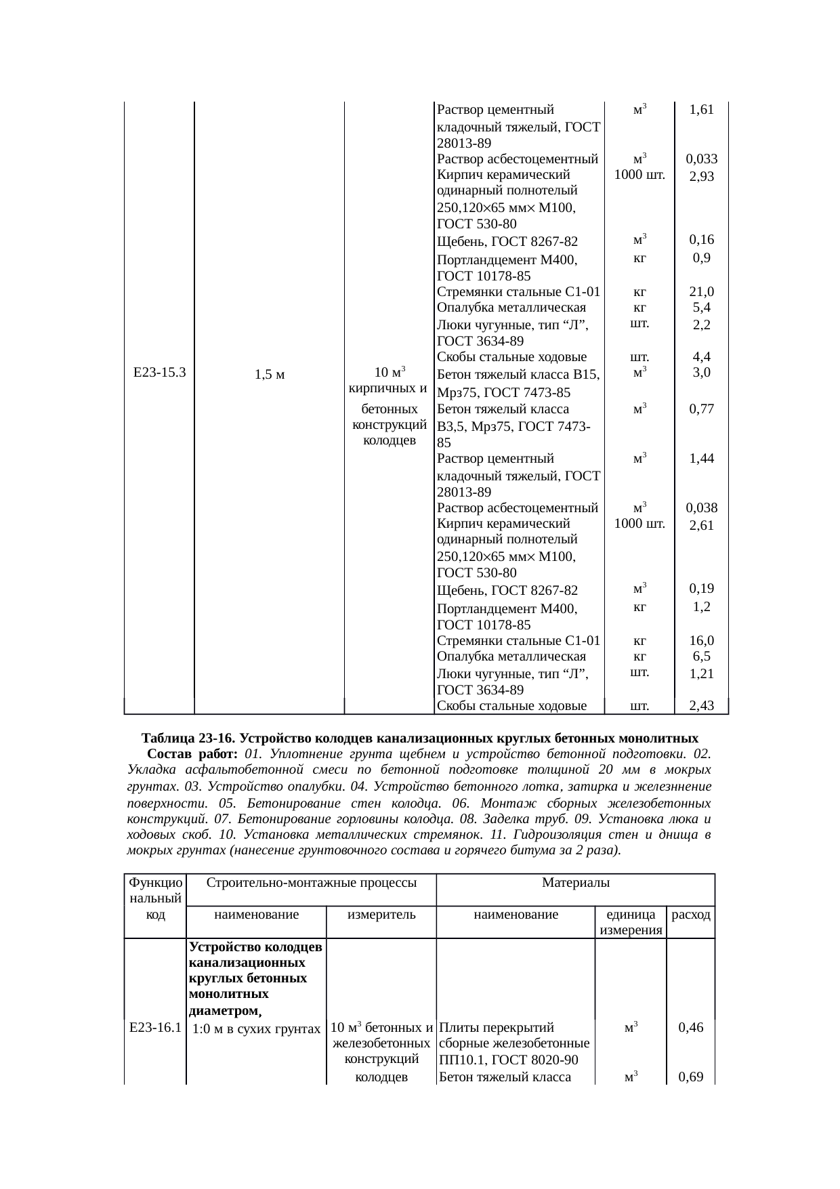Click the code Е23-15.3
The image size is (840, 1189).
pyautogui.click(x=160, y=372)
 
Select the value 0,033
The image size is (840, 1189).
pyautogui.click(x=701, y=159)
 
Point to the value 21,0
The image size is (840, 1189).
pyautogui.click(x=701, y=292)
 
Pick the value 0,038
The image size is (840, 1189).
pyautogui.click(x=701, y=508)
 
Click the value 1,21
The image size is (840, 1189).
pyautogui.click(x=701, y=674)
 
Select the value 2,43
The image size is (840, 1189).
pyautogui.click(x=701, y=707)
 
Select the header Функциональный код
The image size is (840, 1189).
pyautogui.click(x=155, y=898)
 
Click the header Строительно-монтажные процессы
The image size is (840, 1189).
pyautogui.click(x=311, y=883)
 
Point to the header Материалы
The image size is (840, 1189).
pyautogui.click(x=575, y=883)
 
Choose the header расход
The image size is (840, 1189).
pyautogui.click(x=690, y=915)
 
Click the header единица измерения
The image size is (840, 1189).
pyautogui.click(x=630, y=922)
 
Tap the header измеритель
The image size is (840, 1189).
pyautogui.click(x=381, y=915)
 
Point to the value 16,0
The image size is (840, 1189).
pyautogui.click(x=701, y=641)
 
